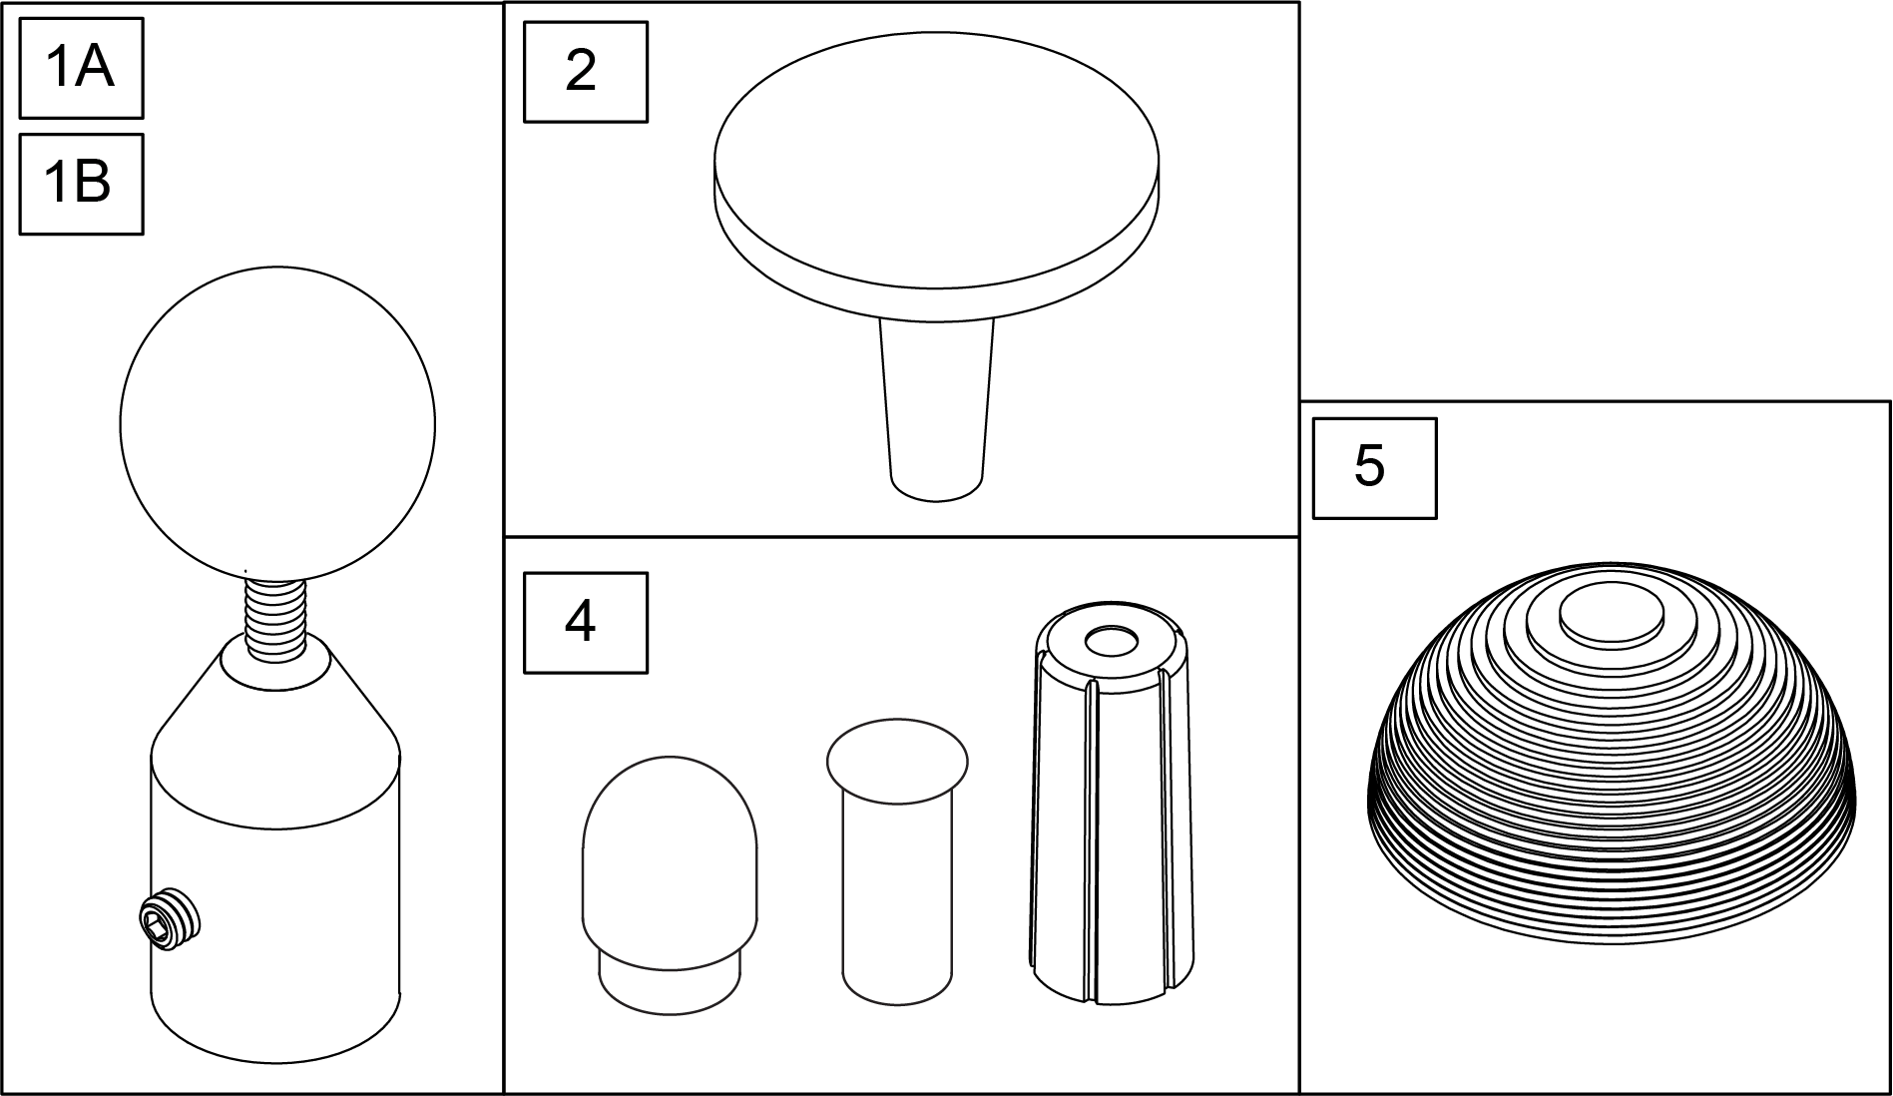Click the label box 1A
pyautogui.click(x=81, y=68)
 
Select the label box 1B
pyautogui.click(x=81, y=185)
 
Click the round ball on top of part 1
pyautogui.click(x=277, y=423)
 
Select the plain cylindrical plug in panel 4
pyautogui.click(x=897, y=862)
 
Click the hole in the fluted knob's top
pyautogui.click(x=1112, y=642)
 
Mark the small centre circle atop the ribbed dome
pyautogui.click(x=1612, y=611)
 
